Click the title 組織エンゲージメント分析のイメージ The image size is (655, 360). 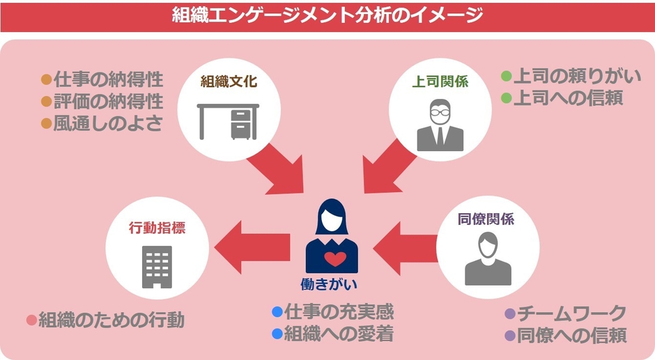tap(327, 15)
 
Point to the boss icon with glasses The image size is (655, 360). tap(440, 125)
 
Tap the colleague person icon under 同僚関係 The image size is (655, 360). tap(487, 259)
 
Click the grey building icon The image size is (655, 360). tap(157, 267)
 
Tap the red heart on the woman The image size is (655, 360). tap(335, 259)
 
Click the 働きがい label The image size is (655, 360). tap(334, 285)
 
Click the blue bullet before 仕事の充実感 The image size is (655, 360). tap(277, 311)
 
